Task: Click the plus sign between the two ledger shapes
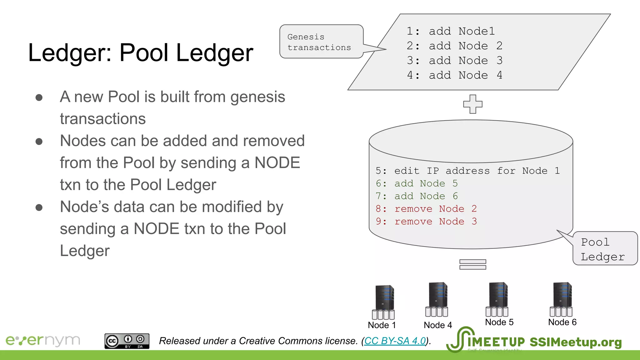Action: pyautogui.click(x=472, y=104)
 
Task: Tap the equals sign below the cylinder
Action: pyautogui.click(x=472, y=264)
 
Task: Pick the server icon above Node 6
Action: pyautogui.click(x=562, y=299)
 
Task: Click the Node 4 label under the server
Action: pyautogui.click(x=437, y=325)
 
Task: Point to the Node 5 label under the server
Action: pyautogui.click(x=499, y=322)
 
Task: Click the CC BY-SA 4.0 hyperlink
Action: pyautogui.click(x=395, y=341)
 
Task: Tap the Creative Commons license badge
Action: pyautogui.click(x=127, y=341)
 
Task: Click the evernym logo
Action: pyautogui.click(x=43, y=340)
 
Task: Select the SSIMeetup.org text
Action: pyautogui.click(x=576, y=342)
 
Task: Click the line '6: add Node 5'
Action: pyautogui.click(x=417, y=183)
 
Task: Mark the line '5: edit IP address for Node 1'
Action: pyautogui.click(x=467, y=171)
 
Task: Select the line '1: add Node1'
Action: pyautogui.click(x=451, y=31)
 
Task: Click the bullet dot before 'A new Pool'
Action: pyautogui.click(x=39, y=97)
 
